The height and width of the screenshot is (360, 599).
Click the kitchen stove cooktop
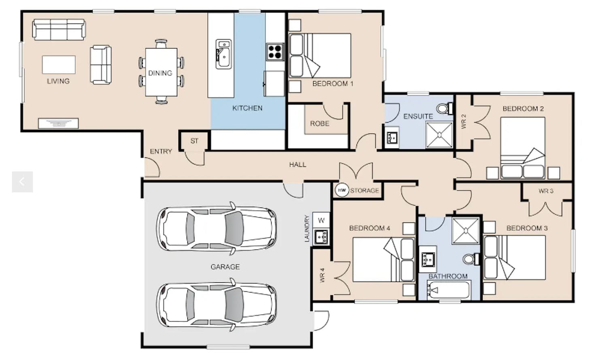[x=275, y=52]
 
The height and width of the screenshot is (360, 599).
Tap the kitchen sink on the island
[x=223, y=54]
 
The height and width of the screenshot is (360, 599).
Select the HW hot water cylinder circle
[x=342, y=190]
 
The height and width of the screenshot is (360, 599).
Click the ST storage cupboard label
[x=194, y=141]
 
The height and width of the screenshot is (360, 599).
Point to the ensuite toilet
[x=444, y=108]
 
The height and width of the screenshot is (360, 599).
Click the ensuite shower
[x=439, y=135]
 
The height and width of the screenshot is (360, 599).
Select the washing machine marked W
[x=321, y=220]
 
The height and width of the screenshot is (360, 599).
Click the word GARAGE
[x=225, y=267]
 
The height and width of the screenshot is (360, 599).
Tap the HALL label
[x=297, y=165]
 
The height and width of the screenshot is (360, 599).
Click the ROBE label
[x=320, y=123]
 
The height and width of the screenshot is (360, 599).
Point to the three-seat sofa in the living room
[x=59, y=30]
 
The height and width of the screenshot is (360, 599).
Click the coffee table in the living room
[x=59, y=65]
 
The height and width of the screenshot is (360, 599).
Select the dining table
[x=161, y=72]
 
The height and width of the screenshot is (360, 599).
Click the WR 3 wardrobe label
[x=546, y=191]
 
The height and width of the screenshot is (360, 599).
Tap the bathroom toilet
[x=471, y=259]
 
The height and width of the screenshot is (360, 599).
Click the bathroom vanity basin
[x=428, y=259]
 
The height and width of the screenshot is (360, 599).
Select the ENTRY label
[x=161, y=152]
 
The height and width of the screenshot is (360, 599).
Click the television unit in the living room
[x=58, y=123]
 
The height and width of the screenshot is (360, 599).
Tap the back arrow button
[x=23, y=182]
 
